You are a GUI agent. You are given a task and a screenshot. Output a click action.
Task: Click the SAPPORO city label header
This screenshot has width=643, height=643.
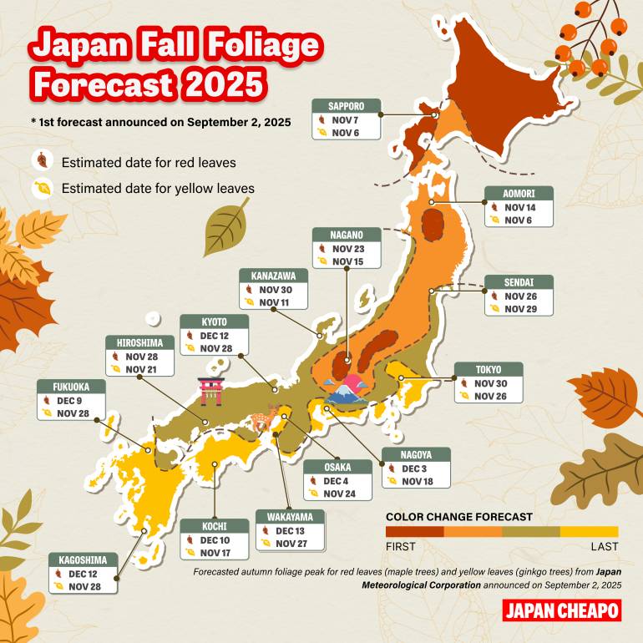[347, 106]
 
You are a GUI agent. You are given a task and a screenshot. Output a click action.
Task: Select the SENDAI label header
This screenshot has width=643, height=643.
[519, 281]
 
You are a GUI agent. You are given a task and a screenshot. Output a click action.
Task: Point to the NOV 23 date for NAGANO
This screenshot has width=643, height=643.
[348, 248]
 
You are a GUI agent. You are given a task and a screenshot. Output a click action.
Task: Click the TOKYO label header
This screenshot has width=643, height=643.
[489, 370]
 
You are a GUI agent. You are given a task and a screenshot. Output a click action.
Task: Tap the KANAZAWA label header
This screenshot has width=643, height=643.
[273, 276]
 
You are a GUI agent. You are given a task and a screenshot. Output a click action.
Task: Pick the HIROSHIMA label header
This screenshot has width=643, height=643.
[140, 342]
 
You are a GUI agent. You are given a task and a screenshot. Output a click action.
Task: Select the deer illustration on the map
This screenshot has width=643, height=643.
[264, 418]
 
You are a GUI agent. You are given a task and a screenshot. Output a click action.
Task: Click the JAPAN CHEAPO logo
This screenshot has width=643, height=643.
[562, 610]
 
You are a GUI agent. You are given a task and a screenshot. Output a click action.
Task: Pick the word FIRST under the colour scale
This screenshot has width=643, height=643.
[400, 547]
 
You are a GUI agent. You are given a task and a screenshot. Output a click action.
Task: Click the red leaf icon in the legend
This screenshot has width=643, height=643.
[41, 161]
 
